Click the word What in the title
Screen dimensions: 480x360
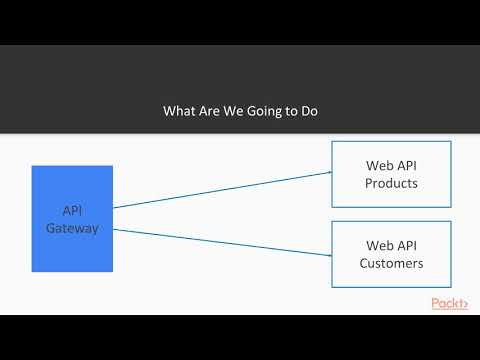click(180, 112)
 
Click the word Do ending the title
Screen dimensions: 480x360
click(307, 112)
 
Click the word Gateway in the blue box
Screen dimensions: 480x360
click(72, 228)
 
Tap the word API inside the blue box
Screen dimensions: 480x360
click(72, 211)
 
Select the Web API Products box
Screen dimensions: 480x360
click(391, 174)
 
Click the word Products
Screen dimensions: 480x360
click(391, 184)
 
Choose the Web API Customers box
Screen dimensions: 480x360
click(391, 254)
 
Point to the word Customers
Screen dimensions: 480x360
click(391, 264)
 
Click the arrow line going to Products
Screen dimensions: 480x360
click(220, 190)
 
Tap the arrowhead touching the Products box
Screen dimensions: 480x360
click(328, 172)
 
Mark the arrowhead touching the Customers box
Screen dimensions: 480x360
click(328, 255)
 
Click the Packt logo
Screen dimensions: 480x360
click(449, 303)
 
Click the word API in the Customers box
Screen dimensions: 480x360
click(405, 244)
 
